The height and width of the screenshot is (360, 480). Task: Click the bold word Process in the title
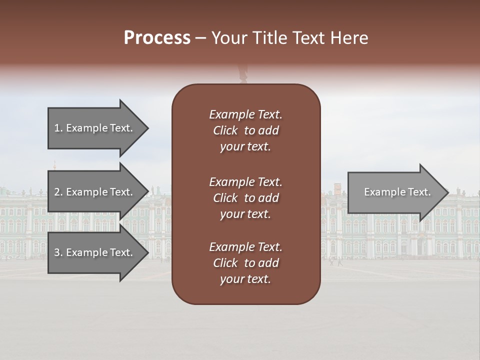pos(157,38)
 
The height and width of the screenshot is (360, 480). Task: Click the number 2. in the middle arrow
pos(58,192)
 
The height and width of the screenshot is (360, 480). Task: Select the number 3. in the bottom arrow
pos(58,252)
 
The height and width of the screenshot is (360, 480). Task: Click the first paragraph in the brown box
pos(245,130)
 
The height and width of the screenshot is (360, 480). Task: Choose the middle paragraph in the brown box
pos(245,197)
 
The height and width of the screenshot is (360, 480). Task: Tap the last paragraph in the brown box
pos(245,263)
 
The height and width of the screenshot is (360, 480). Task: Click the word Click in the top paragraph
pos(225,130)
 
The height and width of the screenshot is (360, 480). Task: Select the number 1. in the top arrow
pos(58,128)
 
